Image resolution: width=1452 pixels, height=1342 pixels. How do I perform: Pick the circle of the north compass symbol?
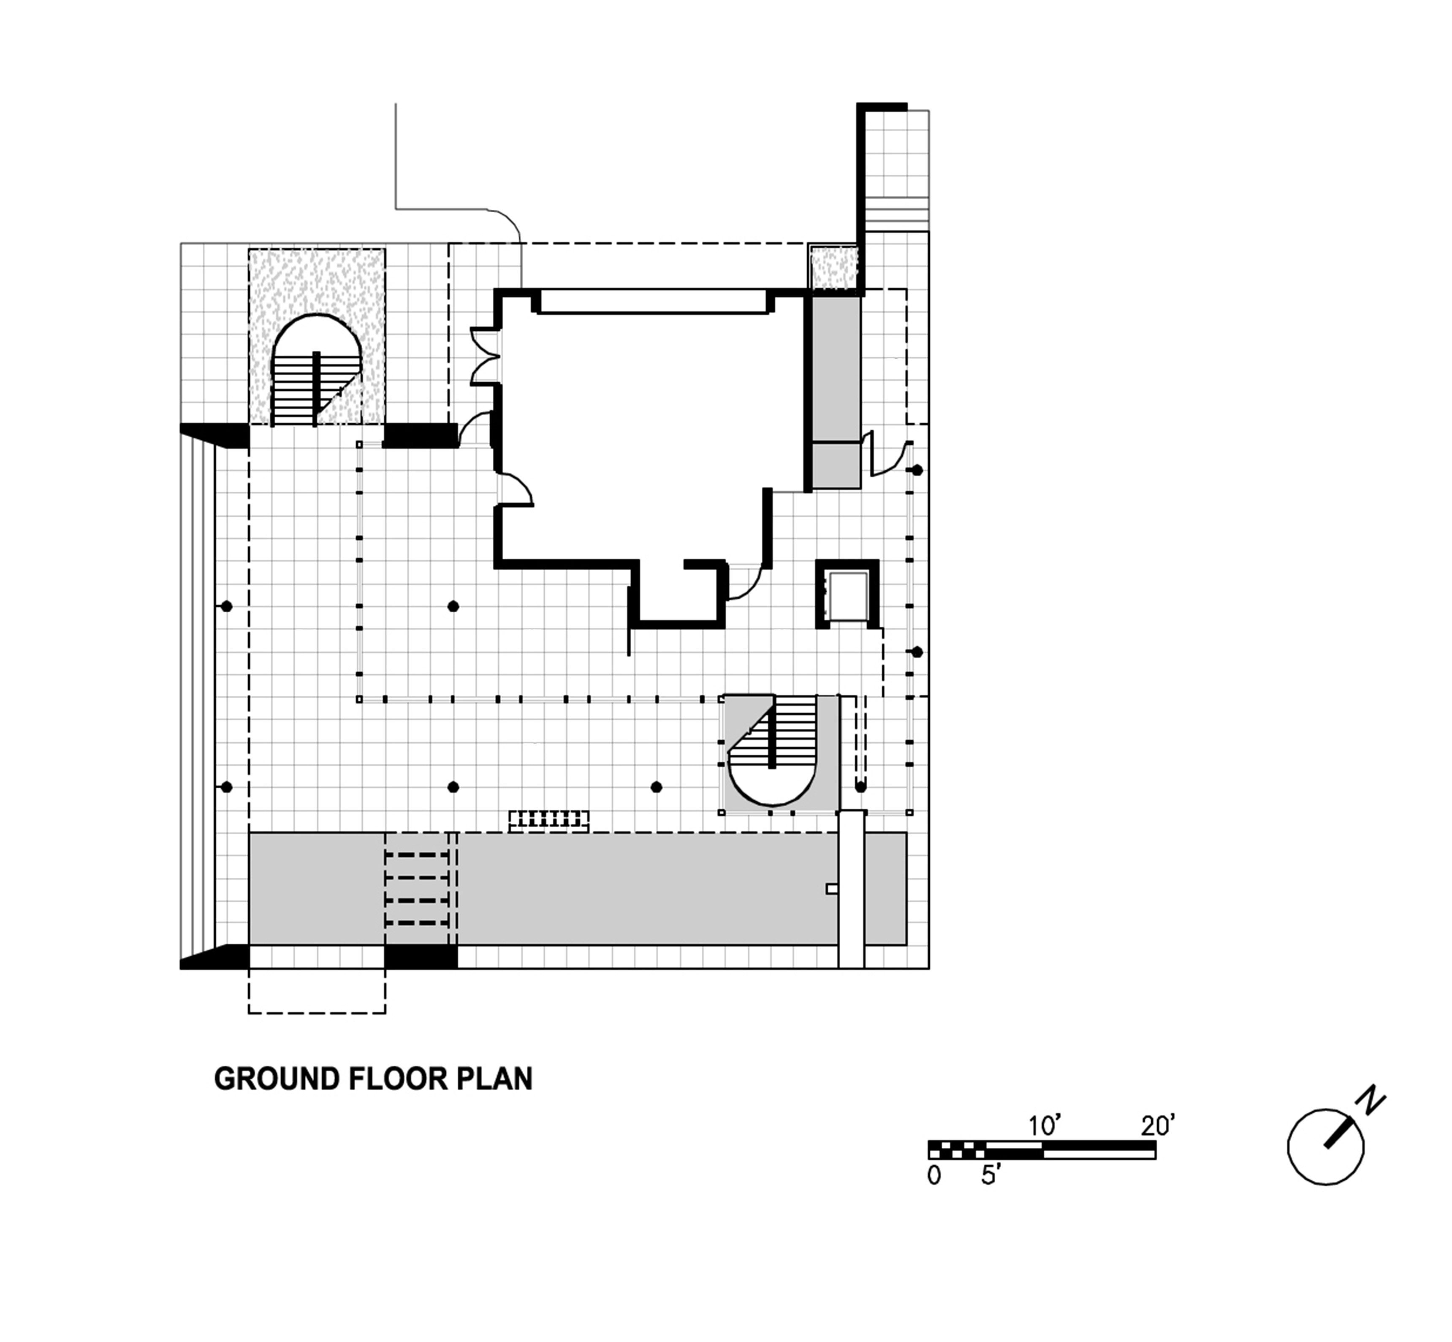click(x=1326, y=1147)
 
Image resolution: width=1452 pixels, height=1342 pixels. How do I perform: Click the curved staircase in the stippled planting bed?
click(x=317, y=371)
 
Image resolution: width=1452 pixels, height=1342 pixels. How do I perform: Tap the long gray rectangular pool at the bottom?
click(x=578, y=888)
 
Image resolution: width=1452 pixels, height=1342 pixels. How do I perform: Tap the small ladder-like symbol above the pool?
click(x=548, y=820)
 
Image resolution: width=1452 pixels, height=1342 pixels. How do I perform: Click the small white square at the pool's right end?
click(x=833, y=889)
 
